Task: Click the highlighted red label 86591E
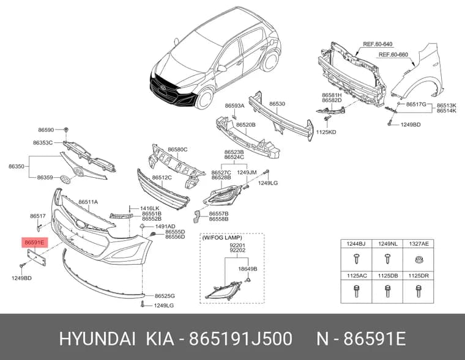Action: pos(34,243)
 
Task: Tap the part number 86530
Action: pos(277,104)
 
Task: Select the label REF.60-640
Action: pos(378,45)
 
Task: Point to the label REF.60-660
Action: pos(393,55)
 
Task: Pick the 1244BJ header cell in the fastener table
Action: pos(356,244)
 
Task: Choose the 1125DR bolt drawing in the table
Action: pos(418,290)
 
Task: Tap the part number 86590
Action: pos(46,130)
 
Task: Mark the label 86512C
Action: pos(162,177)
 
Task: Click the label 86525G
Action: pos(165,296)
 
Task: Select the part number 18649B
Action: pos(248,269)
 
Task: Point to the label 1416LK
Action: pos(150,208)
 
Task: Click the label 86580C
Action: pos(177,150)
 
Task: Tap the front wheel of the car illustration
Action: pos(204,98)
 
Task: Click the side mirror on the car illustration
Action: pos(221,68)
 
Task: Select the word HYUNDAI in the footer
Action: pos(97,339)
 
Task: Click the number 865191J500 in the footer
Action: pos(241,339)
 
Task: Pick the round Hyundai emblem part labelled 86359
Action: pos(65,180)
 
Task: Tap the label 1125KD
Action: pos(326,132)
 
